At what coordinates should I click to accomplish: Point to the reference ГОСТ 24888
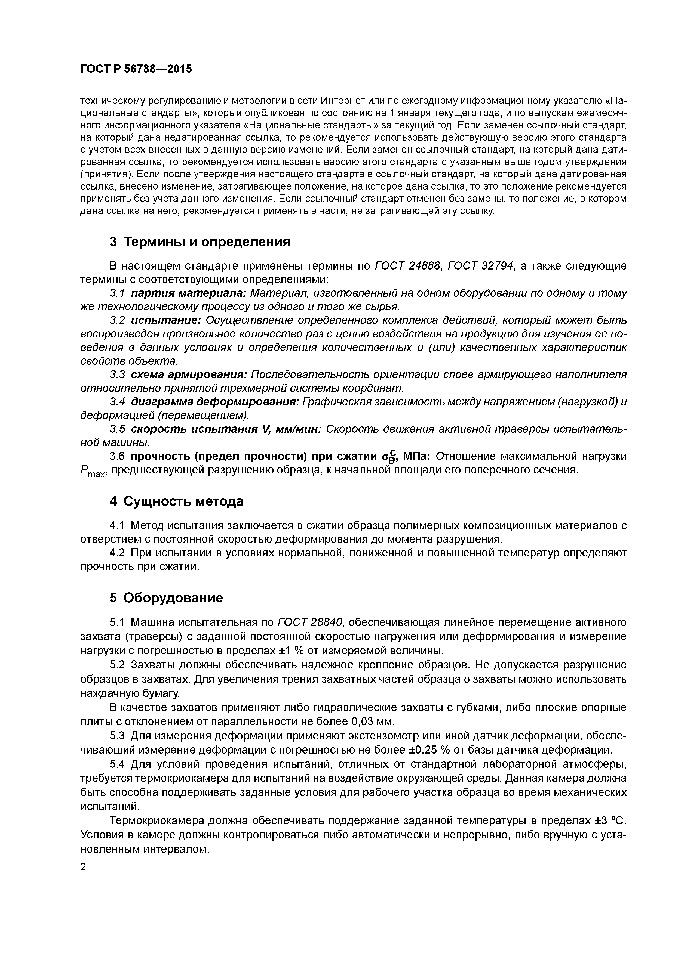pyautogui.click(x=407, y=266)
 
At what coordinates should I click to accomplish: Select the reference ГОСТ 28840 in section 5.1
pyautogui.click(x=309, y=622)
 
